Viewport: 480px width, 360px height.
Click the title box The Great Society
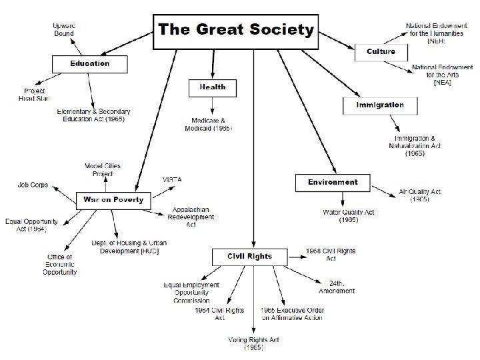pos(235,31)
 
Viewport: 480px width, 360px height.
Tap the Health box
pos(213,87)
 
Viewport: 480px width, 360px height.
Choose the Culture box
pos(380,51)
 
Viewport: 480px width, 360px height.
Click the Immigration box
pos(379,105)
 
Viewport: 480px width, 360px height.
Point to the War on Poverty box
pos(113,200)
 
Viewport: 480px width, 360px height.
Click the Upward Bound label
pos(63,29)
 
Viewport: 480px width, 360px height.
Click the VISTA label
pos(172,180)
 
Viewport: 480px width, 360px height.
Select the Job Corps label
pos(33,185)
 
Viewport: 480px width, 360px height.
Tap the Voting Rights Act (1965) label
pos(254,343)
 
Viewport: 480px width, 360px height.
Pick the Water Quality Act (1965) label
pos(349,216)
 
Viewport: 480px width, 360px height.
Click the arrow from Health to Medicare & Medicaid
pos(213,105)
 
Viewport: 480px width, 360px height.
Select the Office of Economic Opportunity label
pos(60,264)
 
